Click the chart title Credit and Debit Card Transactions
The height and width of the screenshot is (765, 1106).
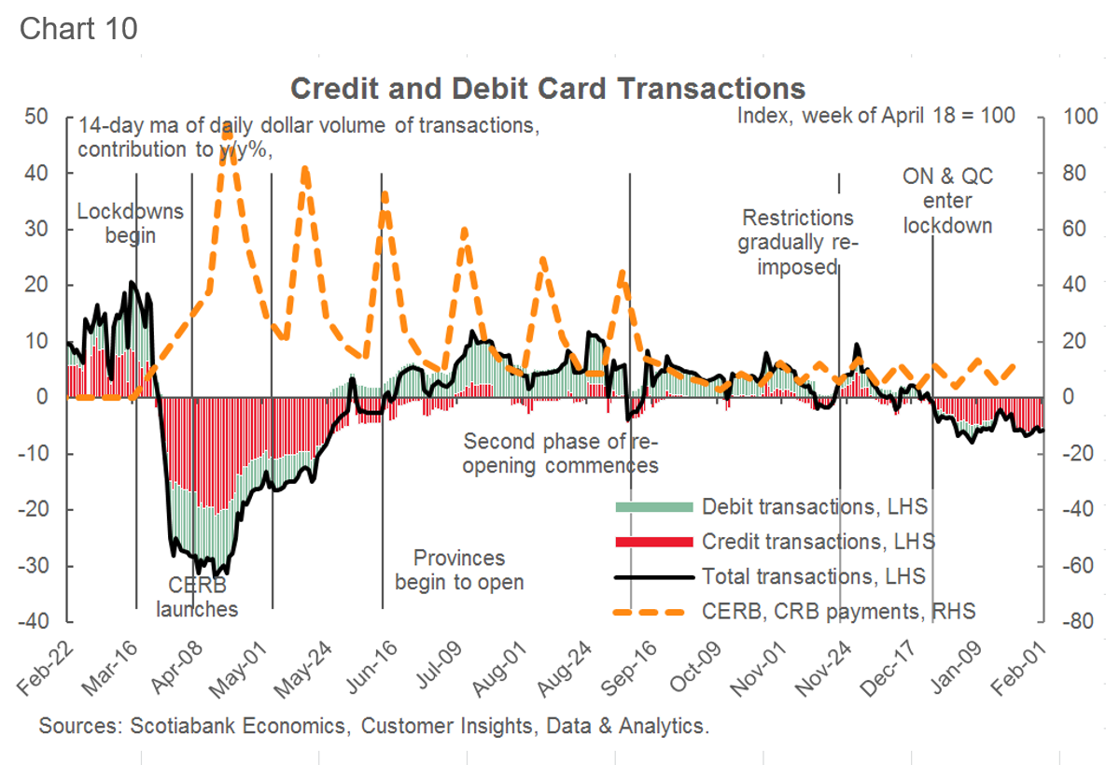pyautogui.click(x=548, y=88)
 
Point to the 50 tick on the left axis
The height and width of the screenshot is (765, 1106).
pyautogui.click(x=36, y=117)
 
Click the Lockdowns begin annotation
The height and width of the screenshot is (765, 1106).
pyautogui.click(x=130, y=223)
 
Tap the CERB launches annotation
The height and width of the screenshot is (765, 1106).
pyautogui.click(x=197, y=597)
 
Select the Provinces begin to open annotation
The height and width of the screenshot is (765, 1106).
pyautogui.click(x=459, y=570)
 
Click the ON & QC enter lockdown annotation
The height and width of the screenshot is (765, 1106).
pyautogui.click(x=947, y=201)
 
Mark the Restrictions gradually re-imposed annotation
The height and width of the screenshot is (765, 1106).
pyautogui.click(x=798, y=242)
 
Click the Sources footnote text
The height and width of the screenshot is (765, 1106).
pyautogui.click(x=374, y=725)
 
